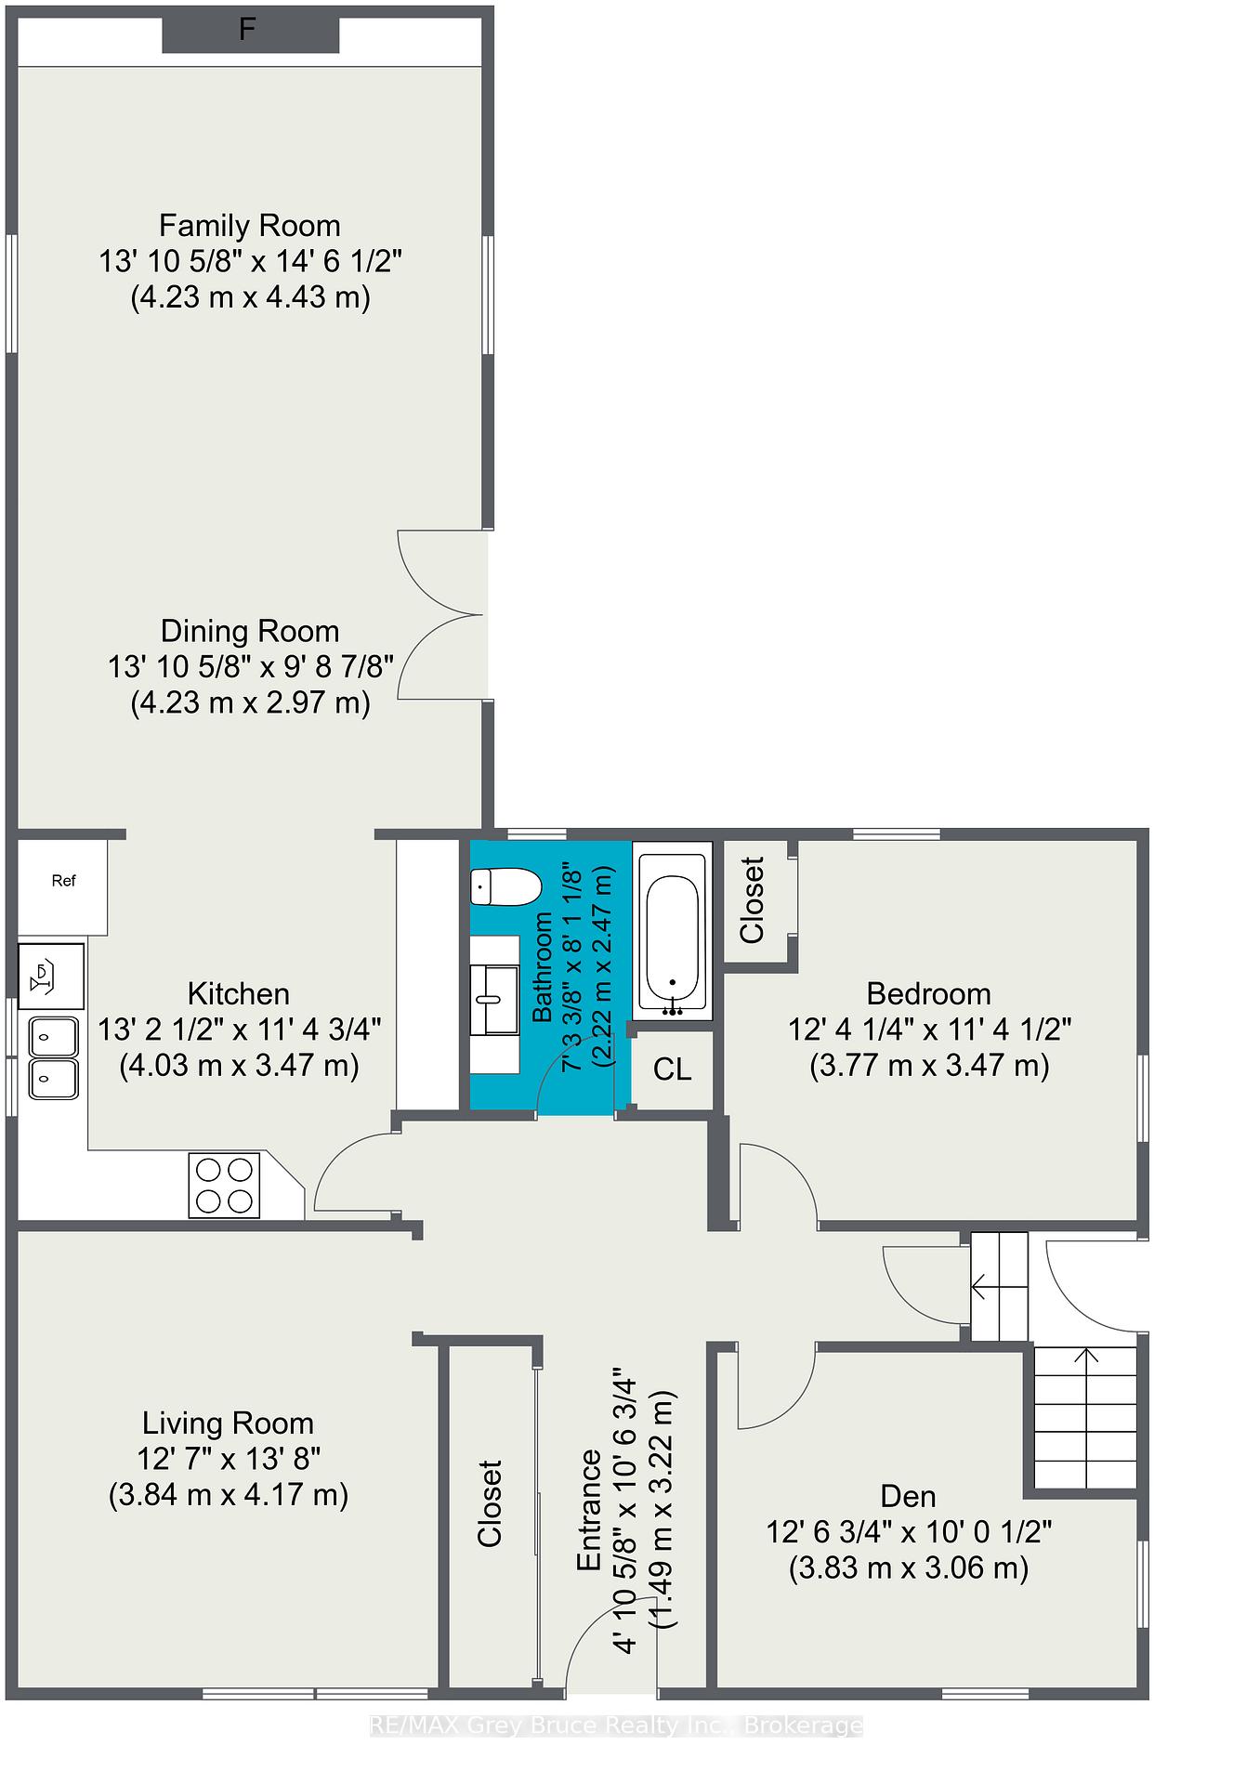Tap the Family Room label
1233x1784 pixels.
(250, 226)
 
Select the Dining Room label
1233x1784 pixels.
(250, 632)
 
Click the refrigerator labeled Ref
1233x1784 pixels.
(63, 887)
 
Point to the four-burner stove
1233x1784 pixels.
(224, 1185)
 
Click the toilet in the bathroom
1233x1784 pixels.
(505, 886)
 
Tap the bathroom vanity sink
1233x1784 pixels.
(494, 1000)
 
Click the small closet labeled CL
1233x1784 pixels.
(673, 1069)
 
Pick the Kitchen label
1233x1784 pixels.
(239, 994)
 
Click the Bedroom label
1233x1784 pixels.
(929, 994)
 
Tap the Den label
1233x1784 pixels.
(909, 1497)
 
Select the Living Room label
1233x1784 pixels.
(228, 1423)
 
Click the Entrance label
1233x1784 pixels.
(589, 1510)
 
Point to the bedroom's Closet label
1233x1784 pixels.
(752, 900)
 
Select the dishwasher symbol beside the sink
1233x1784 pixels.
(52, 977)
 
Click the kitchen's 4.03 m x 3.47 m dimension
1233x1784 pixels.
(240, 1065)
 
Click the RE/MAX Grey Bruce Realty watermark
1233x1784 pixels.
(616, 1726)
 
